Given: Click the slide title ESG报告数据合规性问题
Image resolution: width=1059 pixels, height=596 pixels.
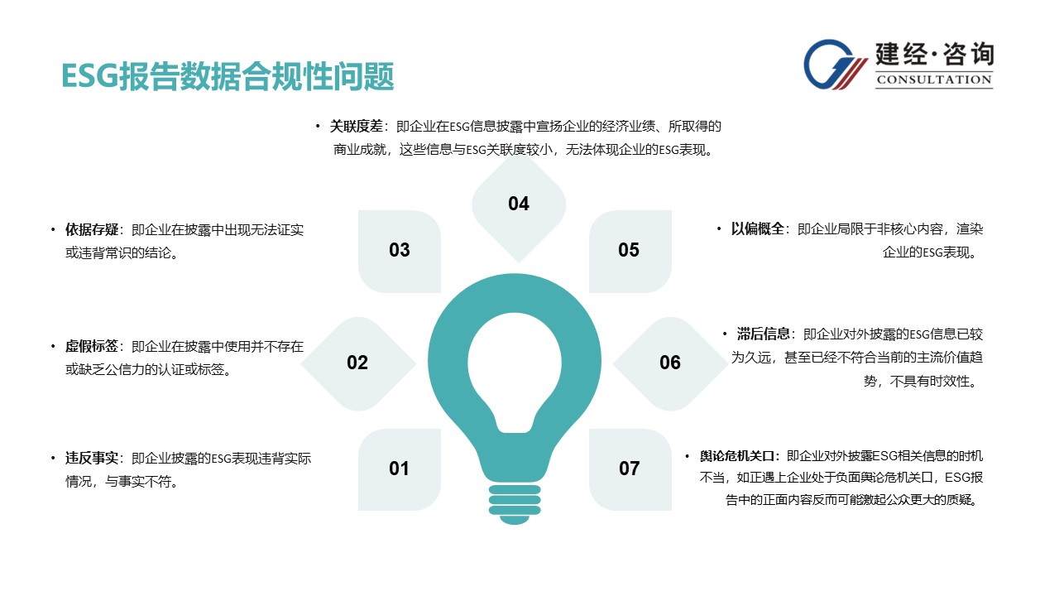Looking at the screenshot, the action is [228, 76].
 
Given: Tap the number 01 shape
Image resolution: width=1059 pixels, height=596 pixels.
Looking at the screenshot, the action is [400, 469].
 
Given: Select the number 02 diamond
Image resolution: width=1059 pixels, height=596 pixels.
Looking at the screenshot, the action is [358, 363].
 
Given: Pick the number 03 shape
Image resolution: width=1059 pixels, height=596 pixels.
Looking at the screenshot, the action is [400, 251].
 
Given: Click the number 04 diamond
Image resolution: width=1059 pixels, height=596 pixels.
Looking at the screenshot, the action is [519, 207].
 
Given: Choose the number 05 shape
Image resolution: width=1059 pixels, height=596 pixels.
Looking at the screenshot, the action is [630, 251].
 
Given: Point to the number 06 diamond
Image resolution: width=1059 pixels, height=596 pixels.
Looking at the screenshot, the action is [670, 363].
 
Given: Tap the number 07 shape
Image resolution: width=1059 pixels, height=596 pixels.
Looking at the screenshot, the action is [630, 469].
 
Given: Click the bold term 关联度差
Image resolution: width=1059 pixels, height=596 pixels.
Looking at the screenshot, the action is [356, 127].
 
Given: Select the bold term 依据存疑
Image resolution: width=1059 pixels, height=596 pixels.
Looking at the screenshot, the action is [92, 230].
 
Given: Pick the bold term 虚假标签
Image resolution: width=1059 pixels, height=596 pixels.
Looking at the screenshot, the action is [92, 346].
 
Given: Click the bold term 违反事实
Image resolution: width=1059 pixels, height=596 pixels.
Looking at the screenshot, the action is [92, 458].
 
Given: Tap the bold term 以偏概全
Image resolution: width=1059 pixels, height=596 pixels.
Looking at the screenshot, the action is [757, 229].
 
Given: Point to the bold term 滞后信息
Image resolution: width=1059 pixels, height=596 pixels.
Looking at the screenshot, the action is [763, 334].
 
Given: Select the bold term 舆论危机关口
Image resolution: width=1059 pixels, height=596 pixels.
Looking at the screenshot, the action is [737, 456].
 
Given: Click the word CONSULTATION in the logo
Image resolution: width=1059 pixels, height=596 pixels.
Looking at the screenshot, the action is [934, 79].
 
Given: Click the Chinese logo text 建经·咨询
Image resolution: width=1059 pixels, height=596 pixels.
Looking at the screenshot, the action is [934, 54].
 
